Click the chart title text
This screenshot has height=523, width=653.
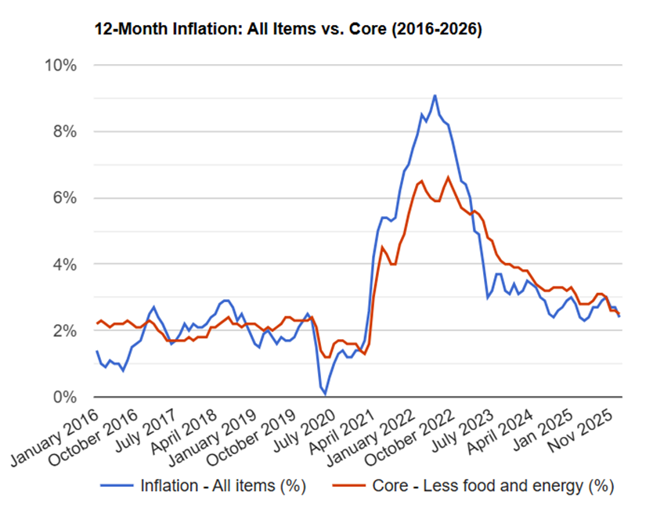[x=287, y=30]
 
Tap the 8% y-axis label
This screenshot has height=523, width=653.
[x=63, y=132]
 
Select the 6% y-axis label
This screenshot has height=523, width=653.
[x=63, y=198]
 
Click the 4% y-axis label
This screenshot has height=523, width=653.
[x=63, y=265]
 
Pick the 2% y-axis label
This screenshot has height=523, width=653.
[x=63, y=331]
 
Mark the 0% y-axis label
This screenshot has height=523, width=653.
[x=63, y=398]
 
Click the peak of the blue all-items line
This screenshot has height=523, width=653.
[x=435, y=96]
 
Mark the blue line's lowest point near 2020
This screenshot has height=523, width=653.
[x=325, y=394]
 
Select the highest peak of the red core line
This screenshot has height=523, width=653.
[x=448, y=177]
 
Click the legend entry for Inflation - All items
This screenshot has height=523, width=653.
[x=206, y=485]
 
